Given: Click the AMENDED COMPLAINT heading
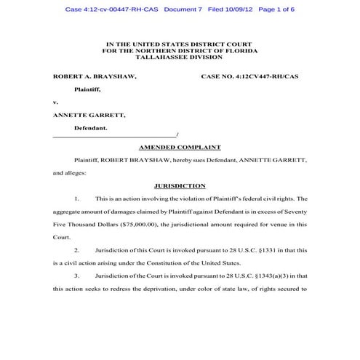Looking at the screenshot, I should click(180, 147).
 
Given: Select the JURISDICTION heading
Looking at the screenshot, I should click(180, 185).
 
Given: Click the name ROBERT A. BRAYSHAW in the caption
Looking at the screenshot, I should click(95, 76).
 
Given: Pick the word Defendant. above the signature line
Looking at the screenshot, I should click(91, 128).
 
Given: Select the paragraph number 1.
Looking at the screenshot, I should click(77, 199).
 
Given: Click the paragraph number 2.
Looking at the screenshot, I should click(77, 250).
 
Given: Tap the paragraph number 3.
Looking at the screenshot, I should click(77, 276).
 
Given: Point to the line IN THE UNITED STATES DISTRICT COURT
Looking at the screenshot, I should click(180, 43).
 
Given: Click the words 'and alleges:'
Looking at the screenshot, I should click(69, 173).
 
